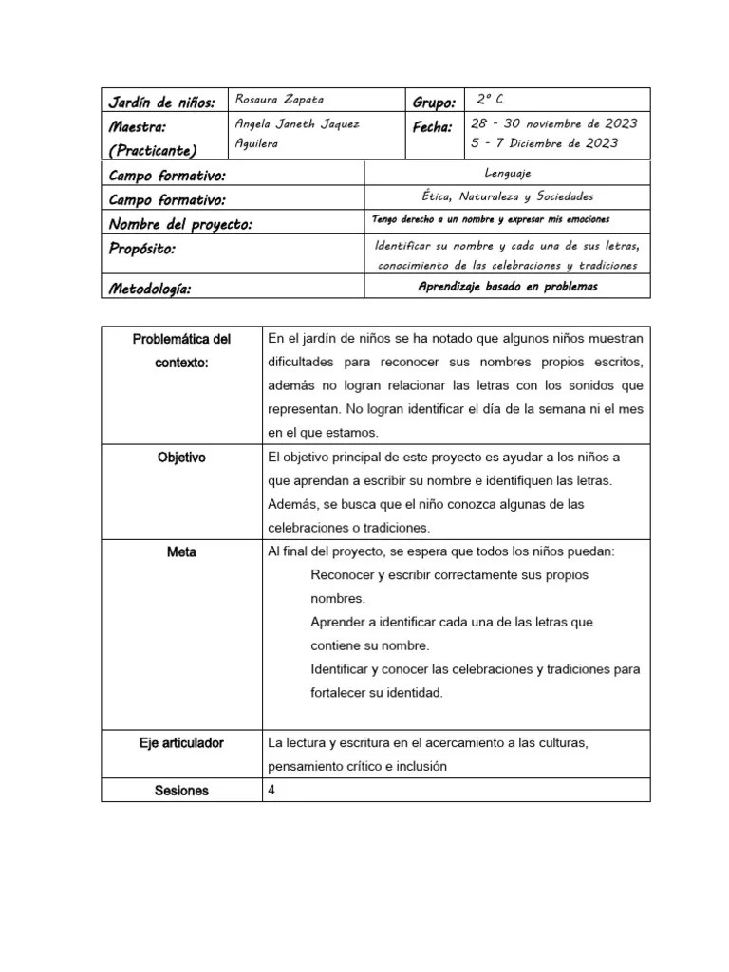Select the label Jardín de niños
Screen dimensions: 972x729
tap(162, 102)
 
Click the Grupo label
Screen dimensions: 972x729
tap(435, 102)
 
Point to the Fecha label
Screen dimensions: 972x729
tap(432, 126)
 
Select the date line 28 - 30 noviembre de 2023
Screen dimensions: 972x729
tap(554, 123)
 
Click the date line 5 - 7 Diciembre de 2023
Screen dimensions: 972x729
tap(545, 143)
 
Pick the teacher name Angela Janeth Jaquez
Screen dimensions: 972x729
tap(296, 124)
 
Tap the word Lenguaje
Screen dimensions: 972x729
tap(507, 173)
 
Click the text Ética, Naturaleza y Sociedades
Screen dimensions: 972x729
tap(507, 196)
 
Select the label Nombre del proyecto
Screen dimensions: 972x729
tap(180, 224)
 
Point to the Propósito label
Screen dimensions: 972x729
tap(142, 249)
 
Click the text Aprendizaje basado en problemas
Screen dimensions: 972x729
tap(508, 287)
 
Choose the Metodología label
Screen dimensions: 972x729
tap(150, 288)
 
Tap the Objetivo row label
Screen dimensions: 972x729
tap(181, 458)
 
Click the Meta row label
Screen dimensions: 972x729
tap(181, 551)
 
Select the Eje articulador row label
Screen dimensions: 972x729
tap(181, 742)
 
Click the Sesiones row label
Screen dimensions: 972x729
tap(181, 790)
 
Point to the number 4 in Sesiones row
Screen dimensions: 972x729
tap(272, 790)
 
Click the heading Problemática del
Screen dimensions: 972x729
tap(181, 338)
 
